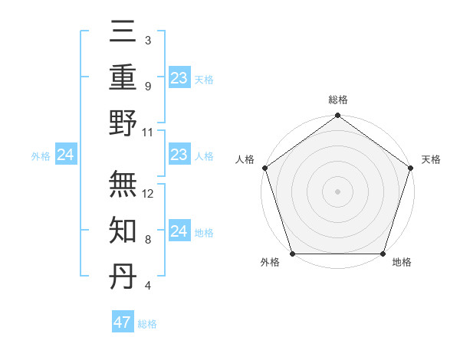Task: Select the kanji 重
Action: (123, 77)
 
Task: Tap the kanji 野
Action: (123, 123)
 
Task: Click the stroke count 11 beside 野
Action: (148, 132)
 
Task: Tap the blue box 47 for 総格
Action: (123, 322)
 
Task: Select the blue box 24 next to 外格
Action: (66, 155)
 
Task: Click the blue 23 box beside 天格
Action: (179, 77)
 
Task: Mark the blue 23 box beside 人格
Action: (179, 155)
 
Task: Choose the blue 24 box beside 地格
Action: (179, 231)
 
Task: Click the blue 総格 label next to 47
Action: (147, 324)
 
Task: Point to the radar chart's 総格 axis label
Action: (338, 100)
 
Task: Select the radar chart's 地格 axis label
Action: (402, 263)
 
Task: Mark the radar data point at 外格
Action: (292, 254)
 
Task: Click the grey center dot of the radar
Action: (337, 191)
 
